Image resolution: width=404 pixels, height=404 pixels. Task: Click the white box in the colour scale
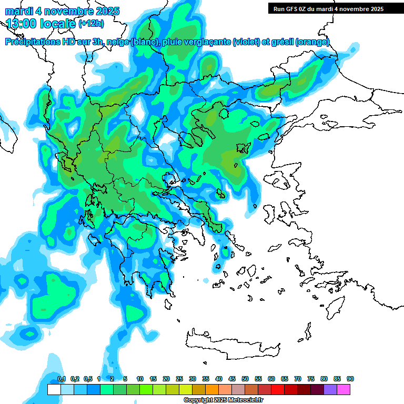(54, 389)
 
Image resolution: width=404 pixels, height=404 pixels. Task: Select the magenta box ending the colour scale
(344, 389)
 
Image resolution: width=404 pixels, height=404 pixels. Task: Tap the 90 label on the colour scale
(350, 379)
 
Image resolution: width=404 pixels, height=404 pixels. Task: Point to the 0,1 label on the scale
(62, 379)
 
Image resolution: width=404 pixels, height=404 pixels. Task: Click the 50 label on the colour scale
(245, 379)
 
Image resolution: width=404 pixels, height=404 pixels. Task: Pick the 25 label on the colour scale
(179, 379)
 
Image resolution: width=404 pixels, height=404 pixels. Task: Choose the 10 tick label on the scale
(140, 379)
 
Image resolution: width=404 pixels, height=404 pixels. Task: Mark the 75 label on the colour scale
(311, 379)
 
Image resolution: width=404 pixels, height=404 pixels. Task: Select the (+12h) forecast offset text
(91, 23)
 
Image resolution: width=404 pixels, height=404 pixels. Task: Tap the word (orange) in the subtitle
(312, 42)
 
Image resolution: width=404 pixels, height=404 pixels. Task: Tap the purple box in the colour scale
(330, 389)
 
